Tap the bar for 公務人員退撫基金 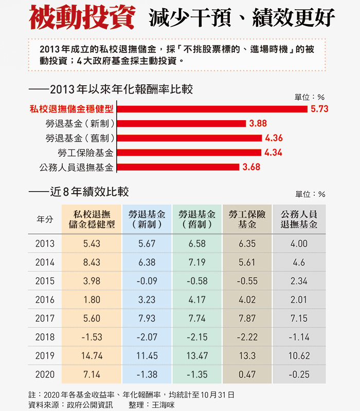[178, 167]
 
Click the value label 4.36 [274, 138]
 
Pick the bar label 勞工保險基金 [86, 153]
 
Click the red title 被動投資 [82, 18]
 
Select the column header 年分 [45, 219]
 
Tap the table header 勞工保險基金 [247, 219]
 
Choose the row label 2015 [45, 281]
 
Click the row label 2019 [45, 356]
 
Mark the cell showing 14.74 [92, 356]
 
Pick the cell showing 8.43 [92, 263]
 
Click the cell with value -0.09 [147, 281]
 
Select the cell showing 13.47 [197, 356]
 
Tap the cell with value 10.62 [299, 356]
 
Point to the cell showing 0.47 [247, 375]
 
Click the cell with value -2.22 [247, 337]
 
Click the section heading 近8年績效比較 [89, 192]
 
